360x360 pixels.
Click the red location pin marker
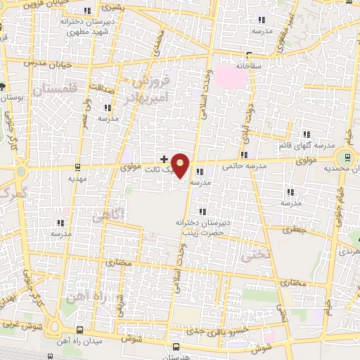click(181, 165)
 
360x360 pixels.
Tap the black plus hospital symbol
click(165, 159)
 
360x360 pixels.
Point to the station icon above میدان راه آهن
click(79, 330)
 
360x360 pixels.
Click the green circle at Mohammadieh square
click(345, 158)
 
